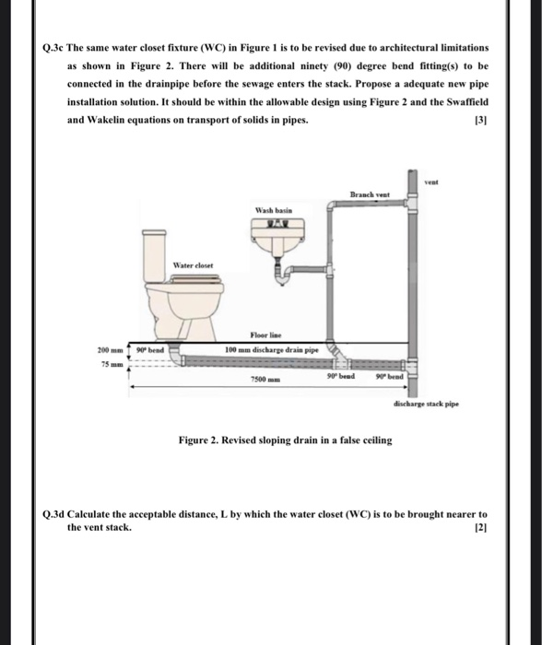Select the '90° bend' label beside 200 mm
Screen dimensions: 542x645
pos(149,350)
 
